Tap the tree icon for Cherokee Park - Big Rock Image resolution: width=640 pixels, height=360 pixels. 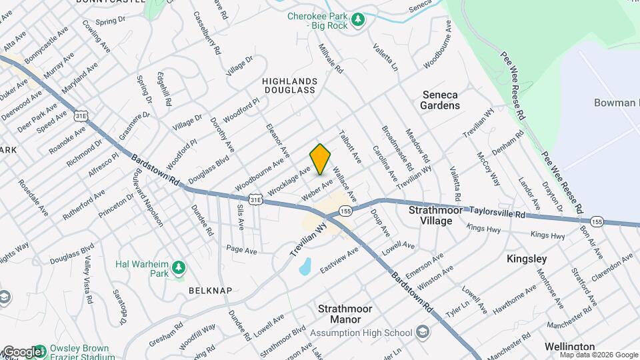359,19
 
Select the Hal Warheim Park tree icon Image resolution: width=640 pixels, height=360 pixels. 178,268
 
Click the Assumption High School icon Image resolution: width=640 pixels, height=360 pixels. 422,332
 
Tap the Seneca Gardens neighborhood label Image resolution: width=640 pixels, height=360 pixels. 441,99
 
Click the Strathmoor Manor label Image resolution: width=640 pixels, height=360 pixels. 345,314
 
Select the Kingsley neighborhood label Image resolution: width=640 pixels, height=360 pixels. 526,258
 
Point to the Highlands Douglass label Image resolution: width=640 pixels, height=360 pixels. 289,85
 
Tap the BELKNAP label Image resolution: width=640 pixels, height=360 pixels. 210,291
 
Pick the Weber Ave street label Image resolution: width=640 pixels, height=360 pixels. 317,189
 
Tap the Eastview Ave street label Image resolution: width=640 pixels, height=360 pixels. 339,259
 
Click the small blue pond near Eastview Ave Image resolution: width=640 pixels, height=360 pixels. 305,267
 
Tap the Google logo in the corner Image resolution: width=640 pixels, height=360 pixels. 21,352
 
